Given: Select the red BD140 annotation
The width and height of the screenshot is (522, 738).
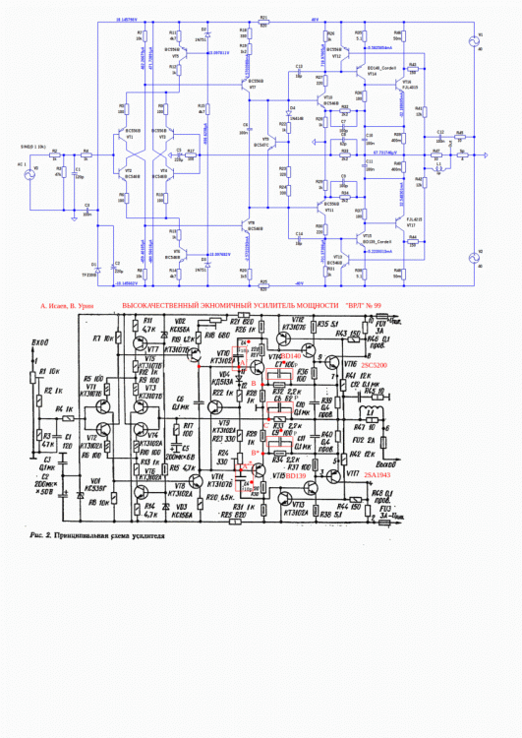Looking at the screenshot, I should tap(290, 356).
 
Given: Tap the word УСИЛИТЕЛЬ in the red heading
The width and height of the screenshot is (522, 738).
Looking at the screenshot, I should tap(279, 306).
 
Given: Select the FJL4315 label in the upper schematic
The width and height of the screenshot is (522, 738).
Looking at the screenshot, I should tap(409, 88).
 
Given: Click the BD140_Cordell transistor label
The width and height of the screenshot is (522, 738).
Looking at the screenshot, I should tap(379, 68).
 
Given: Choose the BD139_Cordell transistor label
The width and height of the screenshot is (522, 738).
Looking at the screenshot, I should tap(377, 239).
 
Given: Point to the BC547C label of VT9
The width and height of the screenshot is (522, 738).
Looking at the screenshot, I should tap(261, 145).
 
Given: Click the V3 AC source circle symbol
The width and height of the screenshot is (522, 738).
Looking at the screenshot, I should tap(37, 170).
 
